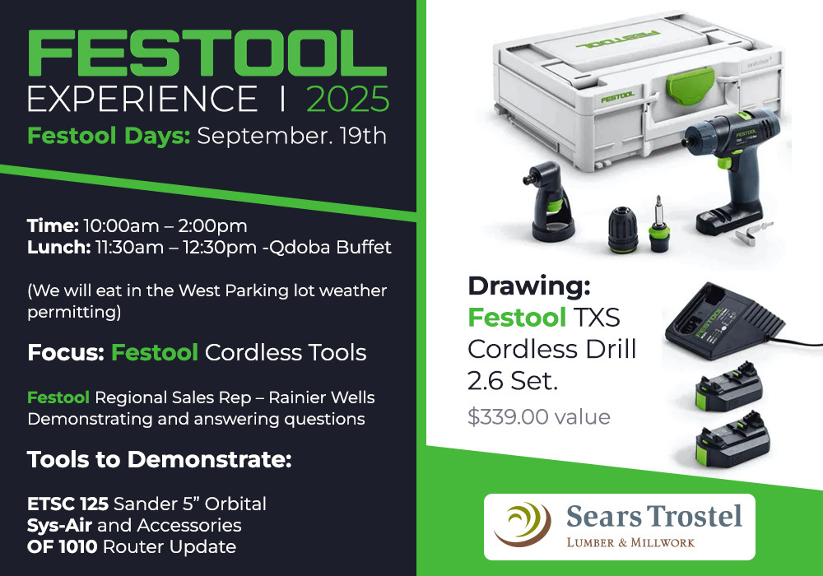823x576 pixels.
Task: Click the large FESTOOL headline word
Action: [x=207, y=53]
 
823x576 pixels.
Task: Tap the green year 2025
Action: [x=347, y=99]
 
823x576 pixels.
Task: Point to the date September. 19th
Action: [x=292, y=137]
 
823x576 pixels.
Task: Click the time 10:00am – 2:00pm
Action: [x=165, y=226]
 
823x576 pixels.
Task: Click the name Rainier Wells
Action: [x=322, y=397]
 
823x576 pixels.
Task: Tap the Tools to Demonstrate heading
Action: [x=160, y=459]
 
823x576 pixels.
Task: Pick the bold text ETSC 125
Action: [x=67, y=504]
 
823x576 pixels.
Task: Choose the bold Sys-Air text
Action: [x=59, y=526]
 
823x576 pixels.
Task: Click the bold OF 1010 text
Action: [x=62, y=547]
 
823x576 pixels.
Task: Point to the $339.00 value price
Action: [x=539, y=417]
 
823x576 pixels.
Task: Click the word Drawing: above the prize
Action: [x=529, y=286]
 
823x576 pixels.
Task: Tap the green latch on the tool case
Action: [x=690, y=85]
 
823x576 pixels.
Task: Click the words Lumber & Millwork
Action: [x=630, y=542]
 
